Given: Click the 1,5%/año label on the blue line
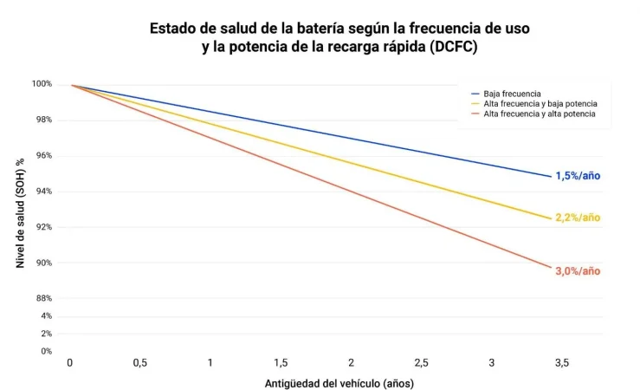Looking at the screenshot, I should (577, 176).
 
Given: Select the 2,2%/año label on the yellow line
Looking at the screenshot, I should (577, 218).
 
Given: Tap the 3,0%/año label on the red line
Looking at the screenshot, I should (577, 271).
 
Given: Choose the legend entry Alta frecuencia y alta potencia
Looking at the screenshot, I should (539, 114).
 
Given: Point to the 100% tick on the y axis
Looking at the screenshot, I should (42, 84).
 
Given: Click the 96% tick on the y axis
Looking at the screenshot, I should (43, 156).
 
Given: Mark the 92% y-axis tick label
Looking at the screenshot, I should (43, 227).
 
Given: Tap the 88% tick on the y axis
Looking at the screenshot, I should (43, 298).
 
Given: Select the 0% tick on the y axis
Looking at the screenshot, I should (46, 351).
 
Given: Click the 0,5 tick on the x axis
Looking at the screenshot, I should (139, 363).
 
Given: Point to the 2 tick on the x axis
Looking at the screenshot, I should (351, 363).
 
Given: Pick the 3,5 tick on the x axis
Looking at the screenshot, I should (561, 363).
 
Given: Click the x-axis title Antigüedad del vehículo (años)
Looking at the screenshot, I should (339, 382).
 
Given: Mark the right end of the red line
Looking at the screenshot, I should (551, 269).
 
